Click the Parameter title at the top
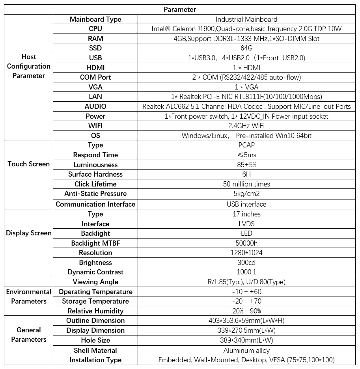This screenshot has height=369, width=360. pos(180,9)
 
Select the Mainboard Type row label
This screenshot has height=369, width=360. pos(95,19)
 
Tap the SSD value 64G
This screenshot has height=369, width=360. pos(246,48)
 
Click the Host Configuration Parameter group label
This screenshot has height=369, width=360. pos(28,66)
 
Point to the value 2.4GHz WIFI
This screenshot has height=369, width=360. pos(246,126)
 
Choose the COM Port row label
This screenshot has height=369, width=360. pos(95,77)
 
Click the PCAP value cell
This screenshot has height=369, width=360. pos(246,145)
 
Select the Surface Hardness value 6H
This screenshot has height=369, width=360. pos(246,174)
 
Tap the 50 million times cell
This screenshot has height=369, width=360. pos(246,184)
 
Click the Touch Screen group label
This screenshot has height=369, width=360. pos(28,164)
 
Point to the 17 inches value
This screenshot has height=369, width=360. pos(246,214)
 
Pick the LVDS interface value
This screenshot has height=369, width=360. pos(246,224)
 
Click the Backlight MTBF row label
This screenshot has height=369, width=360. pos(95,243)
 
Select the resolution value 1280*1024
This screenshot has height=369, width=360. pos(246,253)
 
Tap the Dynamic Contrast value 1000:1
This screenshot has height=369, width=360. pos(246,272)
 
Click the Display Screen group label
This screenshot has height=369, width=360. pos(28,233)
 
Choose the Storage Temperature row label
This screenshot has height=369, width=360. pos(95,301)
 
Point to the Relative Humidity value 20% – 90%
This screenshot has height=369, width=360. pos(246,311)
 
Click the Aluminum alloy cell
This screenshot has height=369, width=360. pos(246,350)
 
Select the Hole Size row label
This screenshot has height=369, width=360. pos(95,340)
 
